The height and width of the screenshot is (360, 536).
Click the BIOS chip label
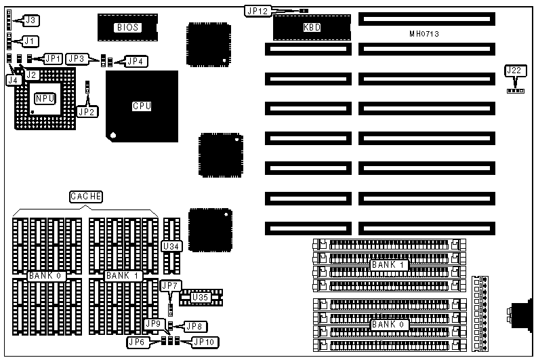(127, 28)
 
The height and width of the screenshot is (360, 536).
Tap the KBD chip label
(312, 28)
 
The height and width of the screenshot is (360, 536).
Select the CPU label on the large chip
(142, 106)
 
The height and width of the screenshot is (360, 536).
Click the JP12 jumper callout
(257, 11)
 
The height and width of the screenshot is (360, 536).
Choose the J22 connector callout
(514, 71)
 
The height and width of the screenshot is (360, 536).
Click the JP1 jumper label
(54, 58)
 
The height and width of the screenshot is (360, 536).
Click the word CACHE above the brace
(86, 197)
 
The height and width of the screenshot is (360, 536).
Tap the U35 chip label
(200, 297)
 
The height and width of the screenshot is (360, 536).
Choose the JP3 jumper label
(77, 59)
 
